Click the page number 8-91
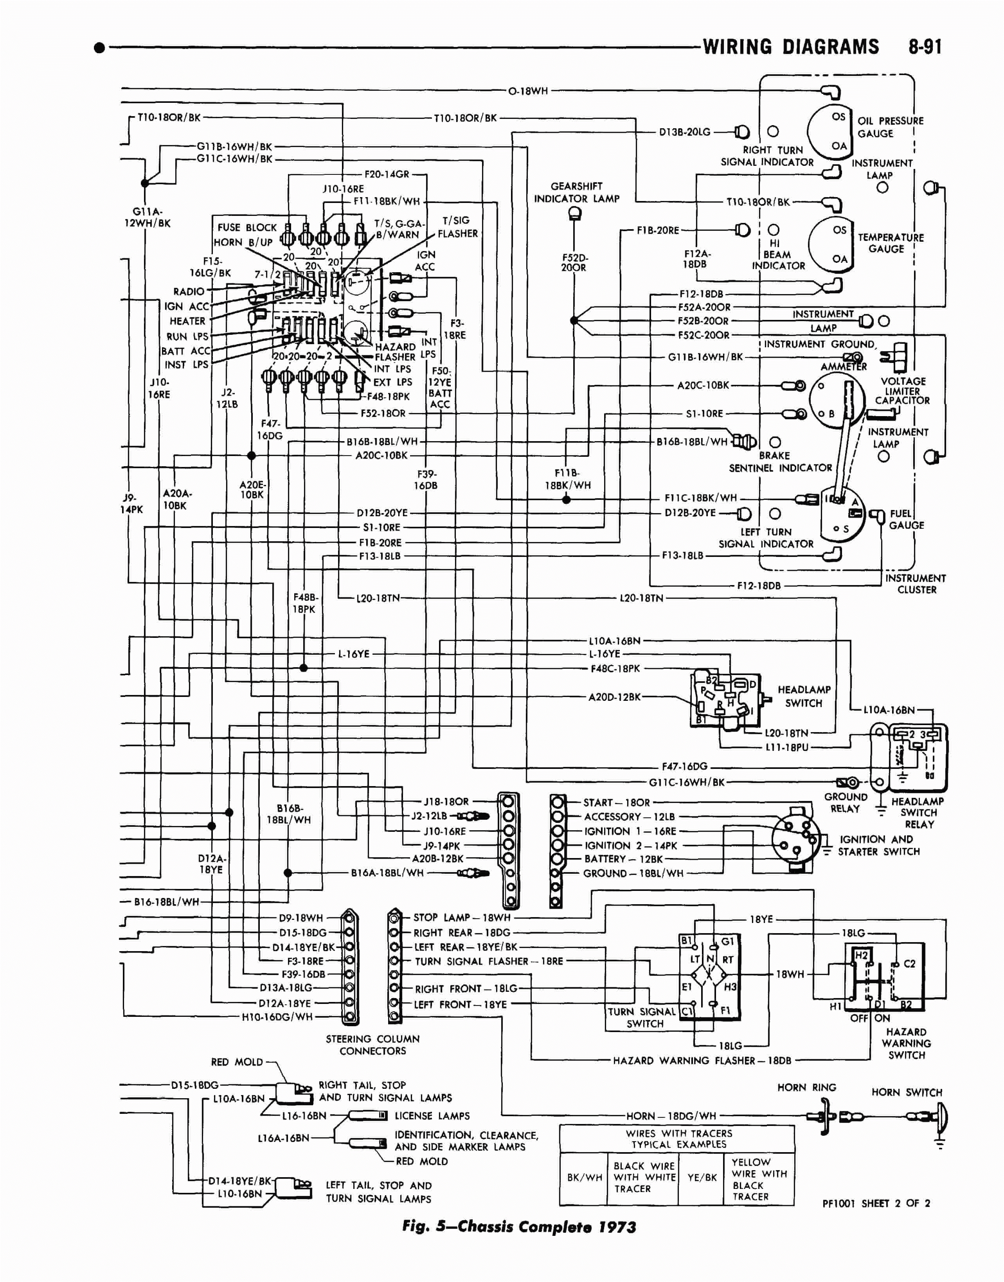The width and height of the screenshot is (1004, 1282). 925,47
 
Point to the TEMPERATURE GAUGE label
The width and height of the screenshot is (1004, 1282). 890,243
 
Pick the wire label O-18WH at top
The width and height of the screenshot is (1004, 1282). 528,91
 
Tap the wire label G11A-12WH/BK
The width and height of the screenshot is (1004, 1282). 148,217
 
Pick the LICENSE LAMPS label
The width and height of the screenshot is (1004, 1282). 432,1116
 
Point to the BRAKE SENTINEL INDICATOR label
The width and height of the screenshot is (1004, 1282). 780,462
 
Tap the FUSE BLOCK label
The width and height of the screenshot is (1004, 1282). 247,227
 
